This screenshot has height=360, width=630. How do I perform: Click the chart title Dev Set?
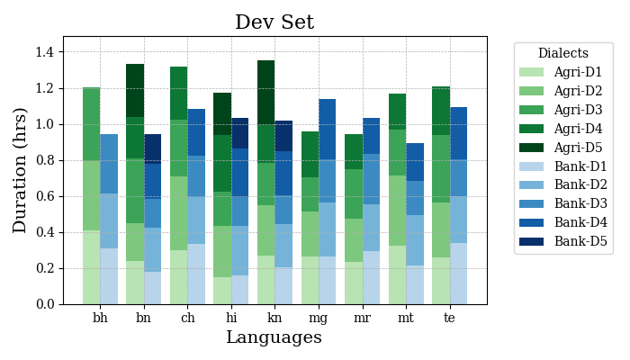274,22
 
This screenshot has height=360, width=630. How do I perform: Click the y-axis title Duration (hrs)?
20,170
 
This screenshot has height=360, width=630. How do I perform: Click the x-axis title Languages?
274,337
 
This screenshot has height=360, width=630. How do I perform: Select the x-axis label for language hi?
230,318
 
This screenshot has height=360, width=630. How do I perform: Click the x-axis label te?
449,318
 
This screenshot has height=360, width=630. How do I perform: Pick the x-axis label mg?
318,318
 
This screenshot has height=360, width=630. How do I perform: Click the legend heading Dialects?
562,54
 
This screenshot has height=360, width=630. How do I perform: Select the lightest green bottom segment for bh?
91,267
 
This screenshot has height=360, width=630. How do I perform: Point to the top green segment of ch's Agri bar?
178,93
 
